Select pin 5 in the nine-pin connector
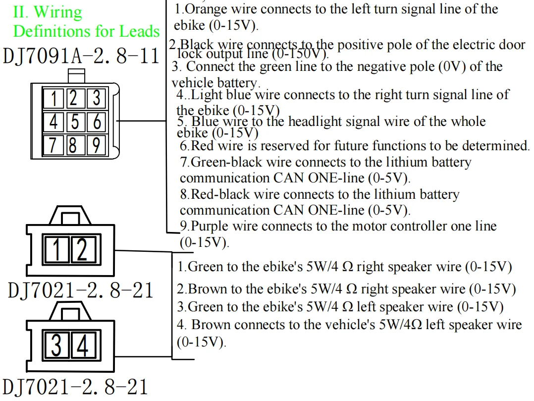pos(74,121)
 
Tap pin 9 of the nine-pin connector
pos(96,145)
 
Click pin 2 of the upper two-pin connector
pos(82,249)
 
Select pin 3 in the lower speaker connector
pos(57,345)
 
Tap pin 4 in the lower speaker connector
pos(82,345)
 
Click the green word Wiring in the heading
pos(58,11)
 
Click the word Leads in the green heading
pos(139,31)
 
